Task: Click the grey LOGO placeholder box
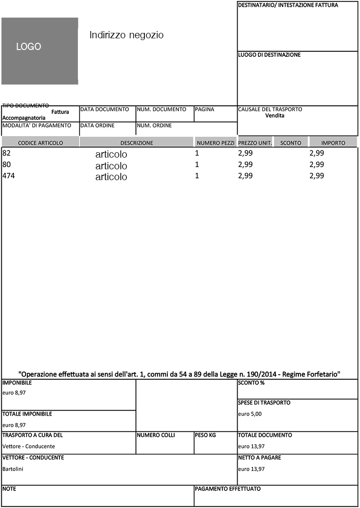(x=40, y=51)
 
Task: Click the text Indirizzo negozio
(x=126, y=35)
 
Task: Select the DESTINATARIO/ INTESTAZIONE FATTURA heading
(x=288, y=5)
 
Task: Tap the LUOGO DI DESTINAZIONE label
(x=269, y=55)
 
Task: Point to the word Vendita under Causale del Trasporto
(x=274, y=116)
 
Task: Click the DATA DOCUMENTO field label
(x=104, y=109)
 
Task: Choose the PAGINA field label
(x=204, y=109)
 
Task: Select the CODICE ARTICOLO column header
(x=40, y=143)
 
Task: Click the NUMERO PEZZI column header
(x=216, y=143)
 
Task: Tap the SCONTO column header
(x=291, y=143)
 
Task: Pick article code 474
(x=8, y=176)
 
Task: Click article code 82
(x=6, y=153)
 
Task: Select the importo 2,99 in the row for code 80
(x=317, y=164)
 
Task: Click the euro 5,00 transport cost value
(x=249, y=414)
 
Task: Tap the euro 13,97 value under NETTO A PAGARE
(x=251, y=469)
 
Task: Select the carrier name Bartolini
(x=13, y=469)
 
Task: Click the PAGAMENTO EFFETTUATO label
(x=228, y=489)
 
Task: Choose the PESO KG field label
(x=205, y=435)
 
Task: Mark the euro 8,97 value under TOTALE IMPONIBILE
(x=14, y=425)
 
